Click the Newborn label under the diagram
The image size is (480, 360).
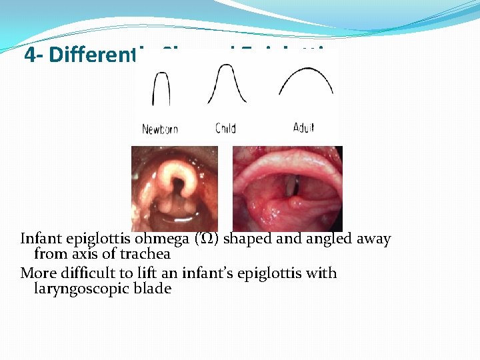pyautogui.click(x=160, y=129)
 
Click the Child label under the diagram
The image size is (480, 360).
pyautogui.click(x=225, y=128)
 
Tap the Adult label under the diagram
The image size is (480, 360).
pyautogui.click(x=303, y=127)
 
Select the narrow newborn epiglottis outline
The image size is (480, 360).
pyautogui.click(x=161, y=87)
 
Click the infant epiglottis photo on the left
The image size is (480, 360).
pyautogui.click(x=175, y=189)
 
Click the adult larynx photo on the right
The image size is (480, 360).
pyautogui.click(x=287, y=189)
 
